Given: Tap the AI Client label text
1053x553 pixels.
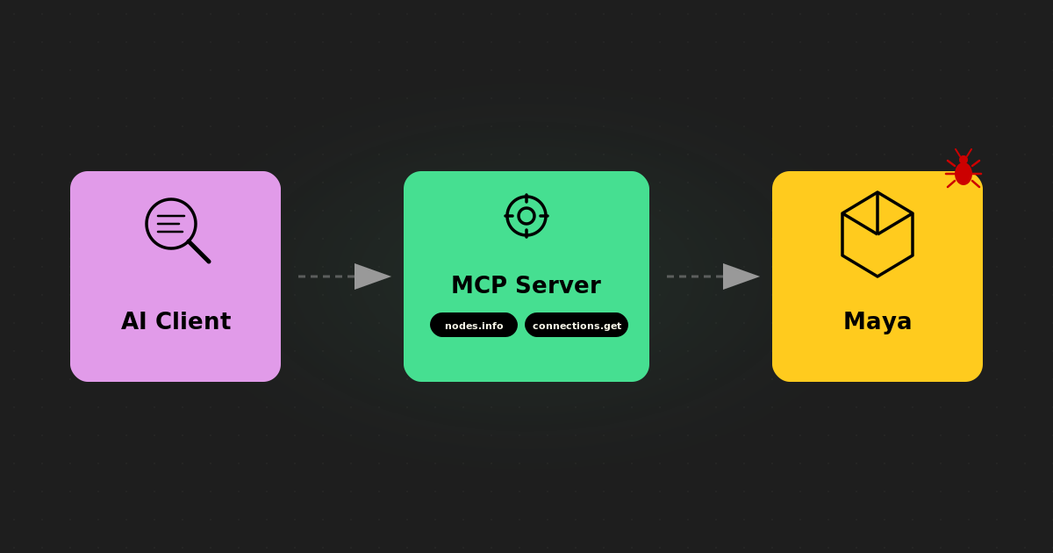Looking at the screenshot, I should (175, 321).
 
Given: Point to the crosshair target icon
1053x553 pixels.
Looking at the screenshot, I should (526, 216).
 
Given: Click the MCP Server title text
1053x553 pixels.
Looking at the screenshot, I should (526, 285).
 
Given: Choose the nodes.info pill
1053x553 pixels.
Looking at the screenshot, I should (474, 326).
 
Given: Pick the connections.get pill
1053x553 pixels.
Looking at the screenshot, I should (577, 326).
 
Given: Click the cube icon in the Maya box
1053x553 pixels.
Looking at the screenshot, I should (877, 234).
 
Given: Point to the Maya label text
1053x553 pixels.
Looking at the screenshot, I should (877, 321).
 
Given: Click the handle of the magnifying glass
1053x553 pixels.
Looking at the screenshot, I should (200, 252).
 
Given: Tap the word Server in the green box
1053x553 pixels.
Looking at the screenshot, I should (558, 285).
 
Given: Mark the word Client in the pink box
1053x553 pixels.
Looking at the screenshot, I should (194, 321).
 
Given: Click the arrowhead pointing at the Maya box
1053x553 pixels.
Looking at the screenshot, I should (741, 276).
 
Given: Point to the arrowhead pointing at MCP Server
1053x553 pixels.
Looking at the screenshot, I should (372, 276).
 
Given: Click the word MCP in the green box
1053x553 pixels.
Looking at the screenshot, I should (478, 285).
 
